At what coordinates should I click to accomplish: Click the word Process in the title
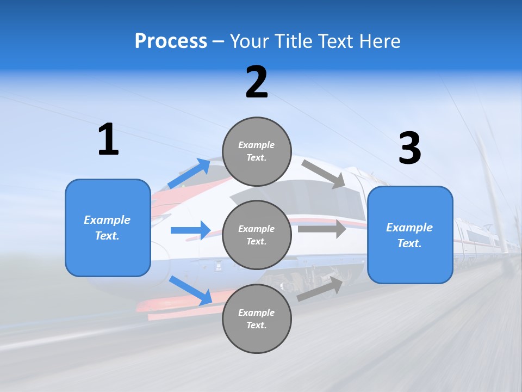(x=171, y=41)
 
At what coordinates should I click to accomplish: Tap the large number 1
(x=108, y=140)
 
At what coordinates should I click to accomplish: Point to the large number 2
(x=257, y=82)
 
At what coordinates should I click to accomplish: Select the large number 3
(x=409, y=149)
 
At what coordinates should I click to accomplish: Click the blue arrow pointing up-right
(x=189, y=174)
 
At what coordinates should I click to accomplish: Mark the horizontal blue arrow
(x=190, y=230)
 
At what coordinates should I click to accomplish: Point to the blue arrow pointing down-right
(x=190, y=290)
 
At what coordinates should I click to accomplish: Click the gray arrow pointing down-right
(x=324, y=174)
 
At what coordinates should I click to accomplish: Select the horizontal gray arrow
(x=322, y=229)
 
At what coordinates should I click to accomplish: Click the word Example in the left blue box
(x=107, y=220)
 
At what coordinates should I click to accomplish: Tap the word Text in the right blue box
(x=408, y=243)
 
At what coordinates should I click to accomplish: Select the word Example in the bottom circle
(x=257, y=313)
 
